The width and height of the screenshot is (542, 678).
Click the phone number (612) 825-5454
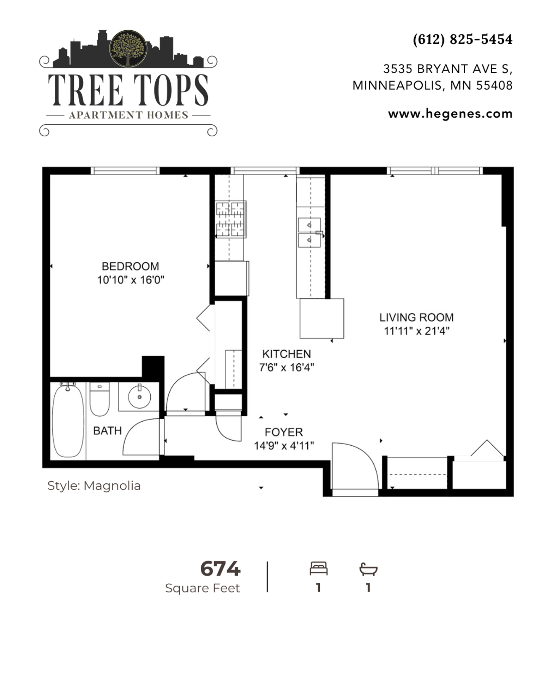[463, 39]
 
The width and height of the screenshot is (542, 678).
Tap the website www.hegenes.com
[450, 114]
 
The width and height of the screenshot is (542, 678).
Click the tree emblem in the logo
[128, 48]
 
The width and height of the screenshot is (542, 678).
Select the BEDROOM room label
[130, 266]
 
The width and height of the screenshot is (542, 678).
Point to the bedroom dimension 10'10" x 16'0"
[131, 280]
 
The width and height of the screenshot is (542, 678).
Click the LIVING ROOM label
[416, 317]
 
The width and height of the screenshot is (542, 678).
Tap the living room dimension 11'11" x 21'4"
[416, 331]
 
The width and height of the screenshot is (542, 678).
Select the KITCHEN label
[287, 353]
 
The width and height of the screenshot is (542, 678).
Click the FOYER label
[284, 432]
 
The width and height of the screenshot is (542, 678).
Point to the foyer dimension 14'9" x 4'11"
[284, 446]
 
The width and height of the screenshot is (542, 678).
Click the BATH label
[107, 430]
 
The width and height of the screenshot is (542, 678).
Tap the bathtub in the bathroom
[68, 420]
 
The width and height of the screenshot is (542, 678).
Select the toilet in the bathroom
[100, 399]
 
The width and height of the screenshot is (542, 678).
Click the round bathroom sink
[139, 397]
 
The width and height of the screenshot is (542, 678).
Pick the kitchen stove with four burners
[230, 219]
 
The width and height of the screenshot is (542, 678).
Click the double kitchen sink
[309, 233]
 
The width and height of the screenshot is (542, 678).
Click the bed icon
[319, 568]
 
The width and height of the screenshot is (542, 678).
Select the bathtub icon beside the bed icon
[368, 569]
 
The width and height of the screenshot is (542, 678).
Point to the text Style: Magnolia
[94, 486]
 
